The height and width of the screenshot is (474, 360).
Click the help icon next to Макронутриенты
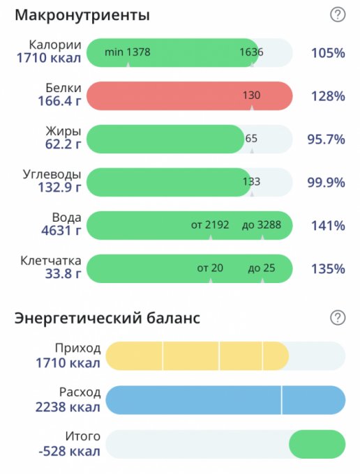click(x=338, y=15)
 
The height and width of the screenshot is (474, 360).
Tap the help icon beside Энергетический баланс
click(x=338, y=318)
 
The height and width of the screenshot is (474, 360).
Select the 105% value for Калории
click(x=328, y=53)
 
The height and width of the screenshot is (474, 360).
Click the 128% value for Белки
click(x=328, y=96)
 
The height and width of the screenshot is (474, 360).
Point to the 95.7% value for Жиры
click(x=326, y=139)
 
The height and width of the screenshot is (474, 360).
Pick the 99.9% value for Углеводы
click(x=326, y=183)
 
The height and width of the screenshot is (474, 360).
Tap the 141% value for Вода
click(x=328, y=226)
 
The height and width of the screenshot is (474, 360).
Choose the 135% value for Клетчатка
click(x=328, y=269)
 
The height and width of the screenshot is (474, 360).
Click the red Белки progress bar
click(x=190, y=95)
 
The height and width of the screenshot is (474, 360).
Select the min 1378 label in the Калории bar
click(x=128, y=52)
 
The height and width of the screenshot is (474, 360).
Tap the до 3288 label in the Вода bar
click(x=262, y=225)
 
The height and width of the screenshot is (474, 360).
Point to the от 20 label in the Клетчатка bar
click(x=210, y=268)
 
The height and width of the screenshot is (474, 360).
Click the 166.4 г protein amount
click(x=59, y=101)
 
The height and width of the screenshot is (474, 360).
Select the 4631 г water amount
click(x=61, y=231)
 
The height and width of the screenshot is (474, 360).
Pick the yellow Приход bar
click(x=197, y=356)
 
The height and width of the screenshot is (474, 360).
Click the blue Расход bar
click(x=225, y=400)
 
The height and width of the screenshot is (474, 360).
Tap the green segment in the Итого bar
click(x=317, y=444)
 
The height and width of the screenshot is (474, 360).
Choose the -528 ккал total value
click(x=69, y=451)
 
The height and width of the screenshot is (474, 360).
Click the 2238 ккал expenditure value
click(x=68, y=407)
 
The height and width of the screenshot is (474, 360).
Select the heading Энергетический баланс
click(x=107, y=319)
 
